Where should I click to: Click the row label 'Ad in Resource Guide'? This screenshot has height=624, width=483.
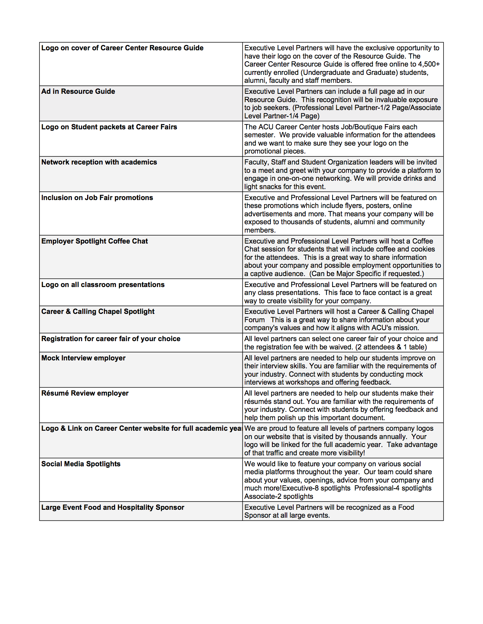[x=78, y=92]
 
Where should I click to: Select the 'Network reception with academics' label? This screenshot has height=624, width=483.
[x=99, y=162]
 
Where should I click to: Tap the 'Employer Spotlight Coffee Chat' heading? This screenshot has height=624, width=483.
[x=94, y=241]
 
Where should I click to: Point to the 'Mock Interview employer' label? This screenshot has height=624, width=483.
[x=83, y=358]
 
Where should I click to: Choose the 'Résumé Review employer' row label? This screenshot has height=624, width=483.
[x=85, y=393]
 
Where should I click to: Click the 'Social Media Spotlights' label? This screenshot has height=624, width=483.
[x=81, y=464]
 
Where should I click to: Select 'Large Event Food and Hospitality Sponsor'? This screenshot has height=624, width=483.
[x=113, y=508]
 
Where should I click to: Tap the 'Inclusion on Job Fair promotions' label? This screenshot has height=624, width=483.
[x=97, y=198]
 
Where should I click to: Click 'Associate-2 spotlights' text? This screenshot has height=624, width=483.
[x=278, y=497]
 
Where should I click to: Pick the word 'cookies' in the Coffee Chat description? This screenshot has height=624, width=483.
[x=423, y=249]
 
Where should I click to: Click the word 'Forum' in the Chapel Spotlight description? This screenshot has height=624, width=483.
[x=254, y=320]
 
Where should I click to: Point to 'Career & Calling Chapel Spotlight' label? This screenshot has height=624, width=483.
[x=98, y=312]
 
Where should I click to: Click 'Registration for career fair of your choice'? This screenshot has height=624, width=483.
[x=111, y=339]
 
